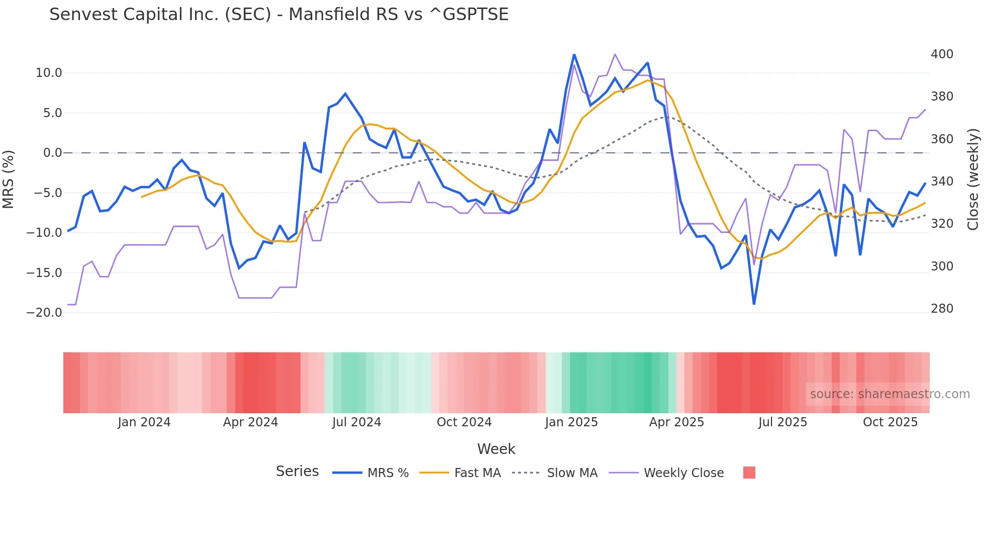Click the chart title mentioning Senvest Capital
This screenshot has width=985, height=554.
pyautogui.click(x=279, y=15)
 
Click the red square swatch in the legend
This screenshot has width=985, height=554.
pyautogui.click(x=749, y=473)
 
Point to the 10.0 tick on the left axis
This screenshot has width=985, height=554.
pyautogui.click(x=49, y=73)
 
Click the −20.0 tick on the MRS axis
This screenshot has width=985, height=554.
pyautogui.click(x=44, y=313)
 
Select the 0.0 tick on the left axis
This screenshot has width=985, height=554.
pyautogui.click(x=53, y=153)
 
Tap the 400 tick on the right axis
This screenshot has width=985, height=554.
pyautogui.click(x=942, y=54)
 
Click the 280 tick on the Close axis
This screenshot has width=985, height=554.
pyautogui.click(x=942, y=309)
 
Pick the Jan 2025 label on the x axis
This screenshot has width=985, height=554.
pyautogui.click(x=571, y=422)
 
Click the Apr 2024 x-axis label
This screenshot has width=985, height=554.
pyautogui.click(x=250, y=422)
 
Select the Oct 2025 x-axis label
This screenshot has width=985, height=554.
pyautogui.click(x=890, y=422)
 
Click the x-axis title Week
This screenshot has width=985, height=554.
pyautogui.click(x=496, y=449)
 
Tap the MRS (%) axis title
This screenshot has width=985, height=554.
pyautogui.click(x=9, y=179)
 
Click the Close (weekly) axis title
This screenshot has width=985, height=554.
pyautogui.click(x=973, y=179)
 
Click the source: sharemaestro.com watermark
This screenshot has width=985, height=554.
pyautogui.click(x=890, y=394)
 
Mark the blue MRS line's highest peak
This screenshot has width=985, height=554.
pyautogui.click(x=574, y=55)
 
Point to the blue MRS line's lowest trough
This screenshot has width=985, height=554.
pyautogui.click(x=754, y=304)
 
